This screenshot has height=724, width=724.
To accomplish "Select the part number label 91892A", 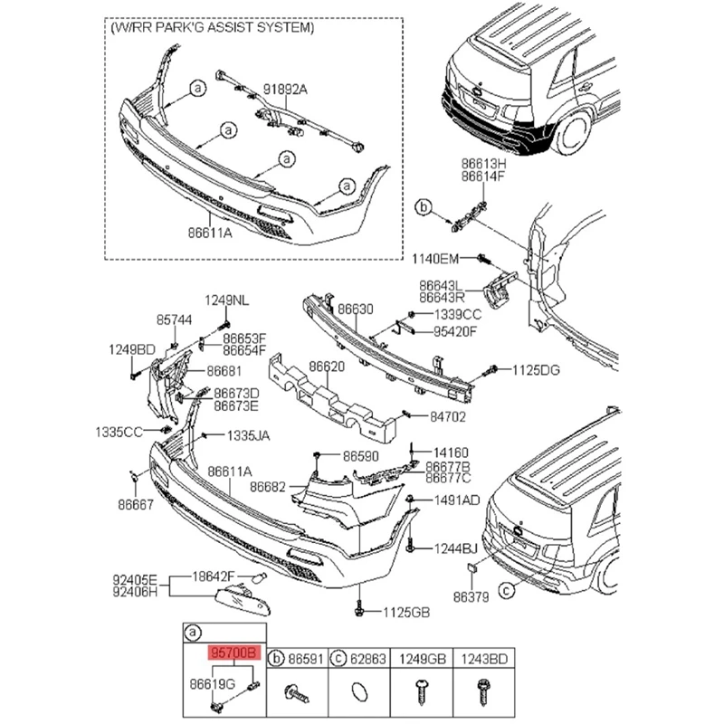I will click(286, 90).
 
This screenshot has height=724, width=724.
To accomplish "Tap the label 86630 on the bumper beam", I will click(356, 310).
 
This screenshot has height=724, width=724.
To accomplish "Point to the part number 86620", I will click(327, 367).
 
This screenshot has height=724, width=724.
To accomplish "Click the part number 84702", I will click(447, 417).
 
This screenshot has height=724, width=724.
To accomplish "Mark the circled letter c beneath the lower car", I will click(507, 590).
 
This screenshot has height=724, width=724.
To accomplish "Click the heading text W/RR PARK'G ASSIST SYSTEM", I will click(213, 28).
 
